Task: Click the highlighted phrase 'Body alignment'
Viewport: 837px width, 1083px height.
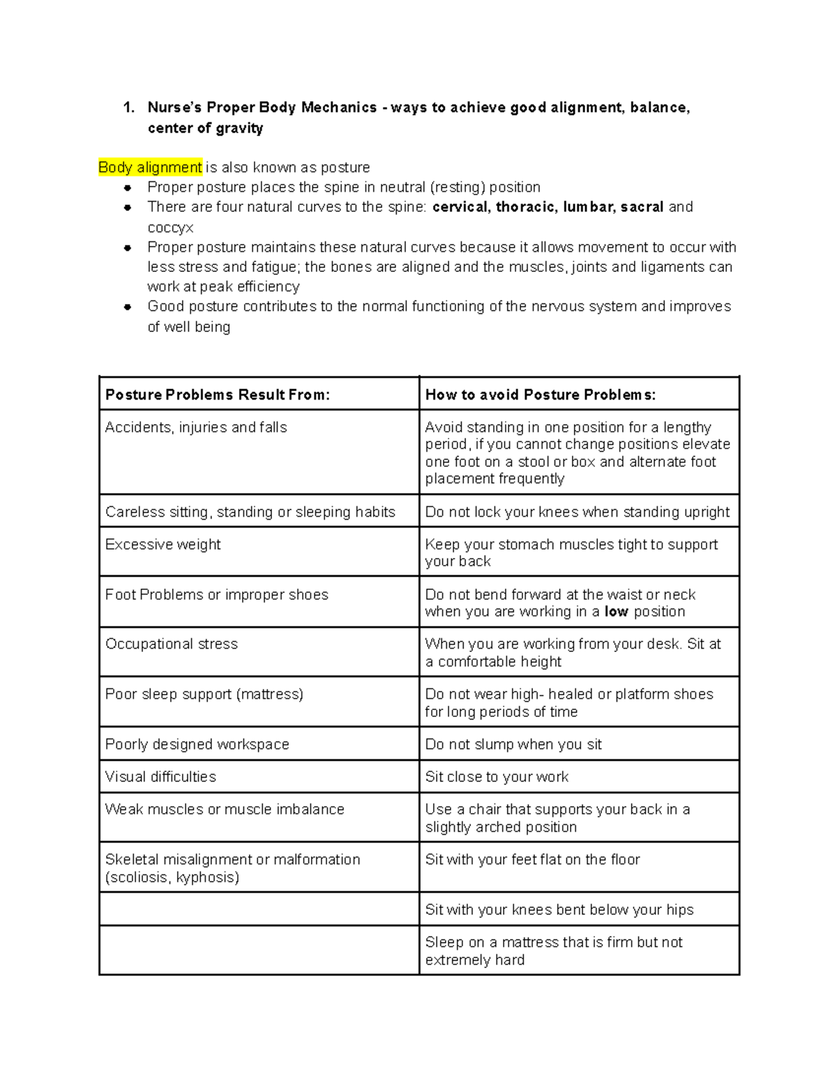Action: click(x=150, y=167)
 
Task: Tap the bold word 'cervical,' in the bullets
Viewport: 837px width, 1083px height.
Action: click(x=461, y=207)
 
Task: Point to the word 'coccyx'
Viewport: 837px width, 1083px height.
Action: click(x=170, y=228)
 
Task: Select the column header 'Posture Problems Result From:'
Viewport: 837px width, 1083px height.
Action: click(x=217, y=395)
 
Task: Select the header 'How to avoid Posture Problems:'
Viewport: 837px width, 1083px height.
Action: click(x=540, y=395)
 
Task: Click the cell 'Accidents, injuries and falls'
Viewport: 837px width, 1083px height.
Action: click(x=196, y=427)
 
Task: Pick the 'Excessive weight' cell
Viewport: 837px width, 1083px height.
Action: click(x=163, y=545)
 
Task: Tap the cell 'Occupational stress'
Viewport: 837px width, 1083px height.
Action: click(x=172, y=644)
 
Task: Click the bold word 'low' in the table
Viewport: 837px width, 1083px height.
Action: click(x=616, y=612)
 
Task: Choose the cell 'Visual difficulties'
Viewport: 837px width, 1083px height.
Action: click(x=160, y=777)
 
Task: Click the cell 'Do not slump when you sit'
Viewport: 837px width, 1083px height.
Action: click(x=513, y=744)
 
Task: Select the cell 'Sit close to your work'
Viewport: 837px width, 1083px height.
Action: click(x=497, y=777)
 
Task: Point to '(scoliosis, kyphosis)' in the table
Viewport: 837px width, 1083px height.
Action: click(x=172, y=877)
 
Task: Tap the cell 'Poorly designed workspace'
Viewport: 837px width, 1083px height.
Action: click(x=197, y=744)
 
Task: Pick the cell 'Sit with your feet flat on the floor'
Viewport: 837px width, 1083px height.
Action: click(x=532, y=860)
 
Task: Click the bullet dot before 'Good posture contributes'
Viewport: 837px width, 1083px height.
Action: click(x=128, y=307)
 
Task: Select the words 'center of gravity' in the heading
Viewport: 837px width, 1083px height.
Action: click(x=205, y=128)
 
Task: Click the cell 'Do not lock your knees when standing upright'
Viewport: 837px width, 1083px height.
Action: click(x=577, y=512)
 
